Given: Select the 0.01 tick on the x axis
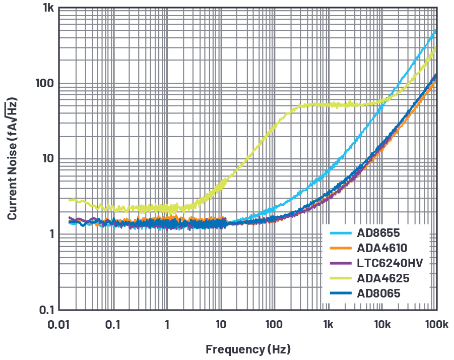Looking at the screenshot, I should (59, 325).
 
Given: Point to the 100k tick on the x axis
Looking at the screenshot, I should (436, 325).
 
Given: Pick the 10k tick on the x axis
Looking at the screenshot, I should (382, 325).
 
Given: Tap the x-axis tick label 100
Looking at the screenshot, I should (274, 325).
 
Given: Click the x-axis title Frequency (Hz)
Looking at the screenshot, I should (248, 349).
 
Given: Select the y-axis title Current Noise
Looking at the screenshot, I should (12, 159).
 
